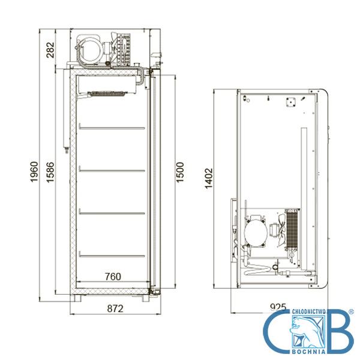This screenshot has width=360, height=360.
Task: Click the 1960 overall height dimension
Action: [x=34, y=172]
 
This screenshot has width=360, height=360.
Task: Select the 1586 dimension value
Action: [x=50, y=172]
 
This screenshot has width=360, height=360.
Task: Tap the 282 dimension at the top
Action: [x=50, y=50]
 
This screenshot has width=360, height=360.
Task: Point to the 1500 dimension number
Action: [x=180, y=172]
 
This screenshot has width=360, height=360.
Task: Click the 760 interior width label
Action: [x=113, y=277]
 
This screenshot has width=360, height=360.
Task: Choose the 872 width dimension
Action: [x=115, y=308]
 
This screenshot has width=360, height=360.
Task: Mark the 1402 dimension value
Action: [x=209, y=179]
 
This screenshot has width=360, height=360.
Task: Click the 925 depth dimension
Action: [x=278, y=307]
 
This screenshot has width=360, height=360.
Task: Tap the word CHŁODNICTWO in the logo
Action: [x=308, y=311]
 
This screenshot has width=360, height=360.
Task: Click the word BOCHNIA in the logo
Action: [x=308, y=352]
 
